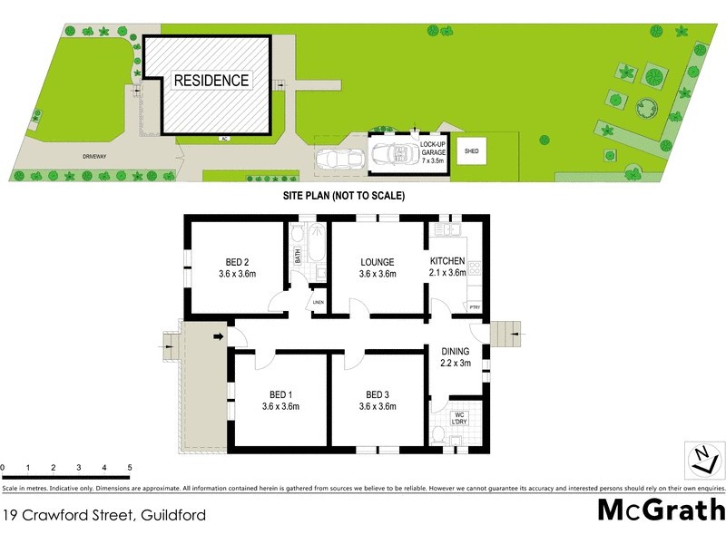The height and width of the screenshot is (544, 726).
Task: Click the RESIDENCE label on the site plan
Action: click(x=211, y=81)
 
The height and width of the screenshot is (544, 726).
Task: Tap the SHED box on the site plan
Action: click(x=472, y=151)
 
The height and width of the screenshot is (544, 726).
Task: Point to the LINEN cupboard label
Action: click(x=318, y=302)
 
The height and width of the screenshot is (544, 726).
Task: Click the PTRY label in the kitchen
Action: click(x=474, y=307)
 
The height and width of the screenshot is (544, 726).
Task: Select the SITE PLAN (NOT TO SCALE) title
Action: click(x=344, y=196)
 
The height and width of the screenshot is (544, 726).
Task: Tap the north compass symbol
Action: click(x=701, y=458)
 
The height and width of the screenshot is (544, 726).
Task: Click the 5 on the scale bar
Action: click(x=130, y=467)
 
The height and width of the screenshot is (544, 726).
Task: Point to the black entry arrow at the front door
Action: click(x=219, y=338)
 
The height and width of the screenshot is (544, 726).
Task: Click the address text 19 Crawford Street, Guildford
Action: click(x=104, y=515)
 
